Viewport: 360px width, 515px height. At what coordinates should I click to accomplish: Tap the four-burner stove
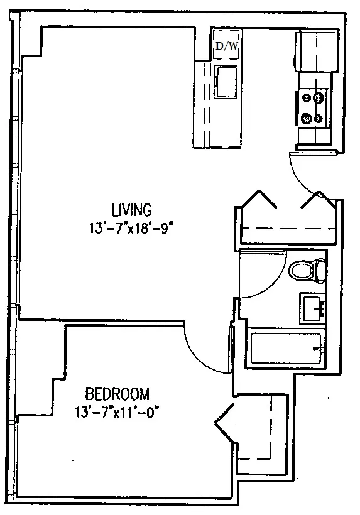(x=313, y=107)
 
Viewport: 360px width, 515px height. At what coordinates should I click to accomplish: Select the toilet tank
(x=321, y=271)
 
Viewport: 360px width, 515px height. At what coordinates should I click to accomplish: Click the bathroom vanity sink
(x=312, y=308)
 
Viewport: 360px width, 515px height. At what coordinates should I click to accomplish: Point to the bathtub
(x=286, y=349)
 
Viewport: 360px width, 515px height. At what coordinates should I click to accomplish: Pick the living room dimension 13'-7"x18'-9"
(x=131, y=228)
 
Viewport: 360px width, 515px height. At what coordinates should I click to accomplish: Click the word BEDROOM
(x=117, y=394)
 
